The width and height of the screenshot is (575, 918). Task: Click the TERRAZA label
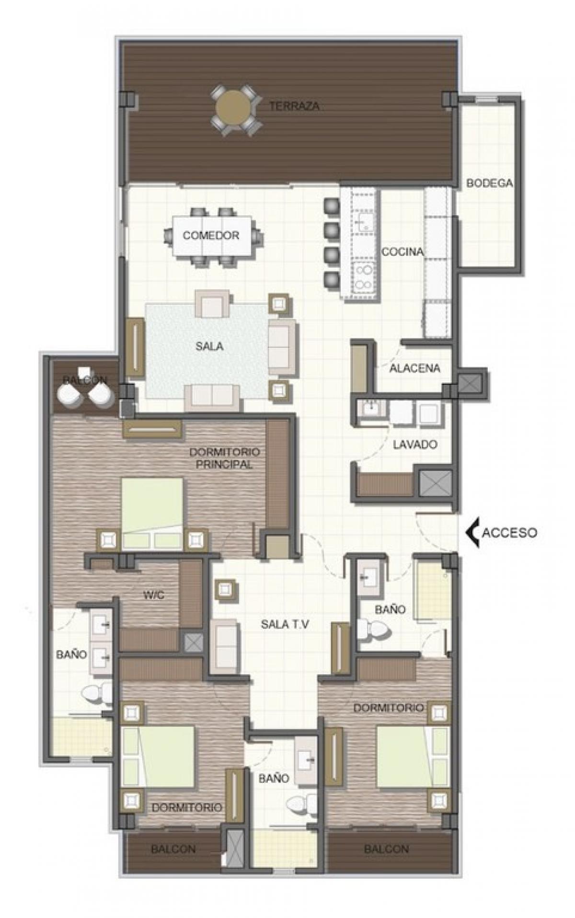[x=294, y=106]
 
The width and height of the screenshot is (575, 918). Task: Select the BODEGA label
[x=489, y=183]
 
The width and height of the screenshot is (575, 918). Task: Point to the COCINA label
[x=402, y=252]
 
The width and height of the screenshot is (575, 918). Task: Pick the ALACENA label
[x=415, y=368]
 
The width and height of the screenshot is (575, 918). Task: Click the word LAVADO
[x=415, y=445]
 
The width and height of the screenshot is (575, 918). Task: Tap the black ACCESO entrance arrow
[x=473, y=533]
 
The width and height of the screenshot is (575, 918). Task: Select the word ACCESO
[x=509, y=533]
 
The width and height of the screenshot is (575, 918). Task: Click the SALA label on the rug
[x=209, y=346]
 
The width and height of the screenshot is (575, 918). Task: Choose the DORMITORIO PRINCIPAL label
[x=225, y=458]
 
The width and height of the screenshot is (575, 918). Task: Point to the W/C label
[x=154, y=596]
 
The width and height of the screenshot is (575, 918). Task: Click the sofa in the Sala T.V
[x=224, y=640]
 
